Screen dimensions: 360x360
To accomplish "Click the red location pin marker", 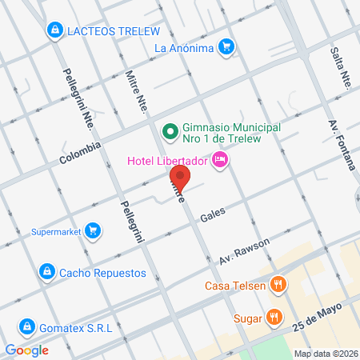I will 180,178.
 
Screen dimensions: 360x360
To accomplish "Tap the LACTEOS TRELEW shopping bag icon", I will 54,31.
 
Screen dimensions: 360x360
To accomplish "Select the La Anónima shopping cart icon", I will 227,47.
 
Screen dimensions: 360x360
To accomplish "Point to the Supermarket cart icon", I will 94,232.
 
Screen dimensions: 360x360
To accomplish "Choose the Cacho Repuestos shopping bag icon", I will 48,272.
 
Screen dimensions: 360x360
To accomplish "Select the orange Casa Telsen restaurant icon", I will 278,283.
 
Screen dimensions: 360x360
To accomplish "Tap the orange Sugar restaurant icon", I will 274,317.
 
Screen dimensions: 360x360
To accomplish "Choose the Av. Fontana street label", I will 341,145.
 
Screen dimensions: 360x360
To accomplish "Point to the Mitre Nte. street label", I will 138,90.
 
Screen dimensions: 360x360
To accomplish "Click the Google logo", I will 27,350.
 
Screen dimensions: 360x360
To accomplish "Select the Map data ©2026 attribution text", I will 325,353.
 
